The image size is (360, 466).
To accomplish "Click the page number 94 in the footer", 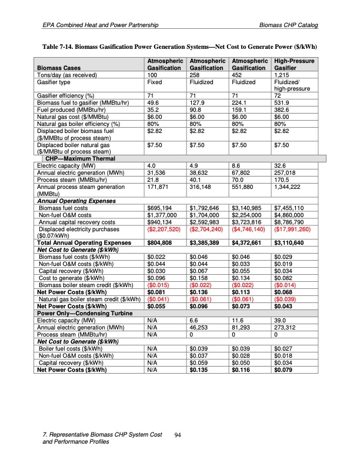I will pos(179,435).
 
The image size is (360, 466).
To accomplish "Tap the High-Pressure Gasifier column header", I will pos(294,65).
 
